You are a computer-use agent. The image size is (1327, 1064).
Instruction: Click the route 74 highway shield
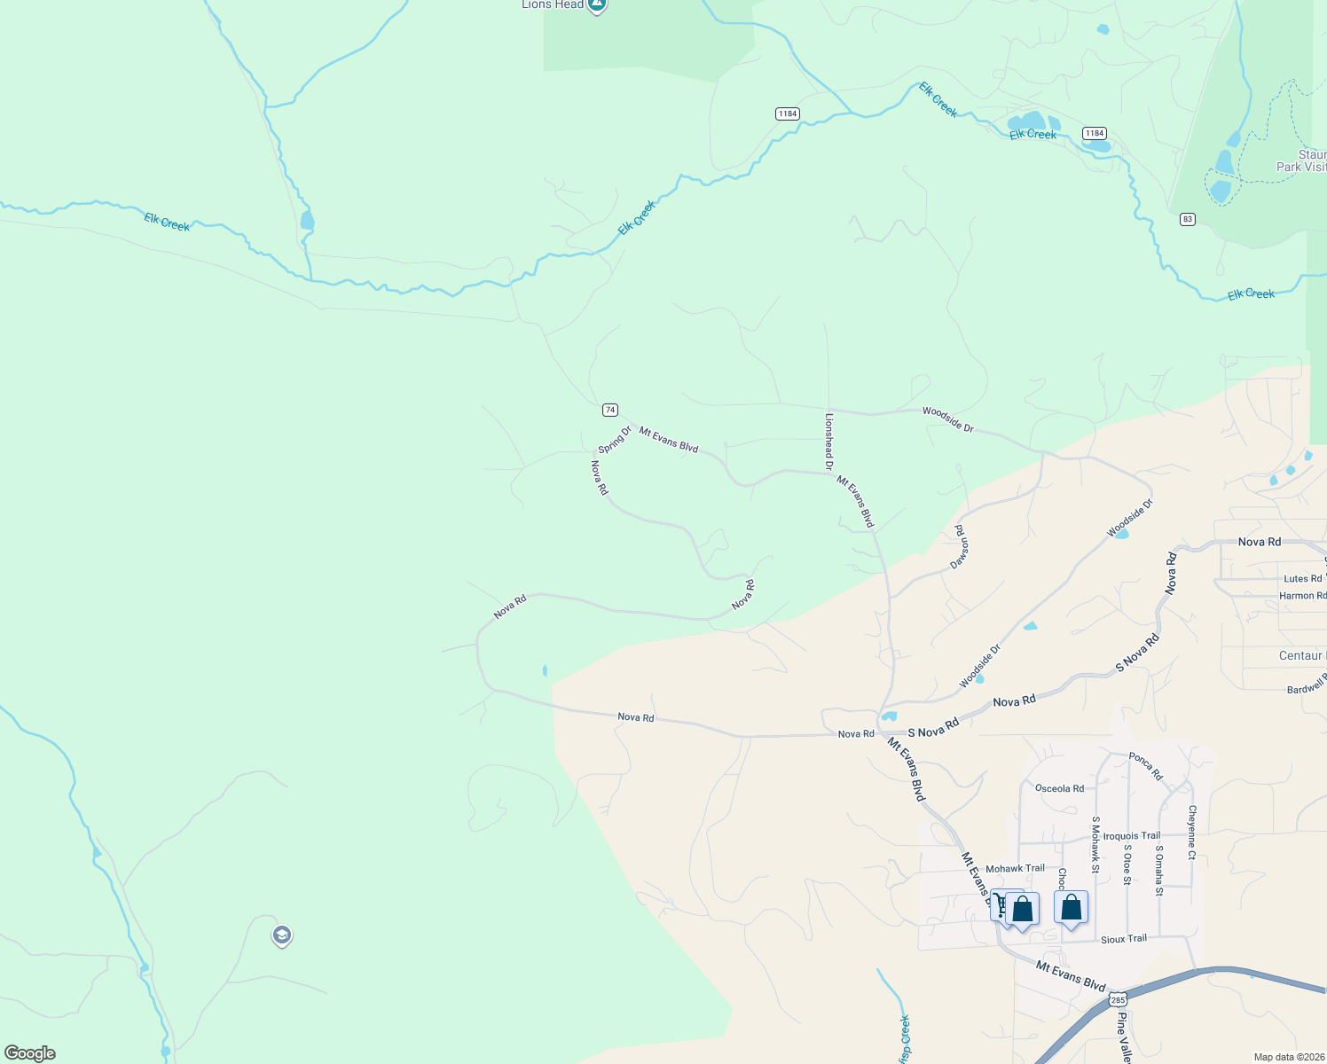609,410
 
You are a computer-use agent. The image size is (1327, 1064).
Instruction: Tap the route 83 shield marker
1187,219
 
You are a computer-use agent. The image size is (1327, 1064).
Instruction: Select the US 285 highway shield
1118,999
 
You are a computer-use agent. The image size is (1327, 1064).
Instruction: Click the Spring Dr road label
614,439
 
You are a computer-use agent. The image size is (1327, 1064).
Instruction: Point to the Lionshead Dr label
829,441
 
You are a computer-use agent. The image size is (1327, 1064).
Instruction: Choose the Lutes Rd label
1302,579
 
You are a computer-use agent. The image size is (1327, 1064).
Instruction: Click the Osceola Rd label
1059,788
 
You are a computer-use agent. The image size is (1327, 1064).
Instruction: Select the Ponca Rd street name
1145,766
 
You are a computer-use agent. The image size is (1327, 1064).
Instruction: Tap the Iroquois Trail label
1132,836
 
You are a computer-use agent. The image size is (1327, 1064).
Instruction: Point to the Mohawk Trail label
1015,869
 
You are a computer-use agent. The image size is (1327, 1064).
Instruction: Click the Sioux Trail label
1123,939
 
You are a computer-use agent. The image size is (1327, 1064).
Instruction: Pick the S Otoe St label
1127,864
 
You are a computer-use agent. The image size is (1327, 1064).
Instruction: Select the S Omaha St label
1158,870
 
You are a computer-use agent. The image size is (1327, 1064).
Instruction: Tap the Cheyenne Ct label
1192,832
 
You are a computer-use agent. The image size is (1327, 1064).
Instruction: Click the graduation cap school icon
282,935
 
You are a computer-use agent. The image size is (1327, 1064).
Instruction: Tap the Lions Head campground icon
597,5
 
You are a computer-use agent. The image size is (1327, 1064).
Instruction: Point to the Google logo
29,1053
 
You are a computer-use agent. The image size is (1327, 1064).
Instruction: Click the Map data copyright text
1289,1057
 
